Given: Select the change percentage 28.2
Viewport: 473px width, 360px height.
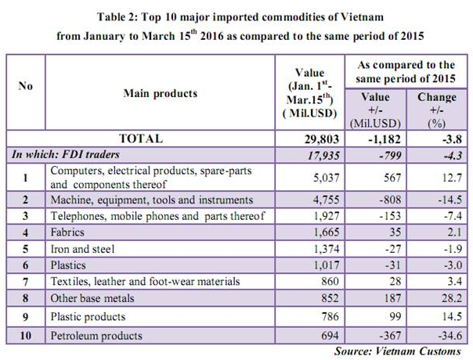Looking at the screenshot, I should point(442,299).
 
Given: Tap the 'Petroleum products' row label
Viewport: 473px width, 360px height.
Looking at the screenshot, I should point(96,336).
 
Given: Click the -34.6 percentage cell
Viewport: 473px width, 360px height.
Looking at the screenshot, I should point(440,336).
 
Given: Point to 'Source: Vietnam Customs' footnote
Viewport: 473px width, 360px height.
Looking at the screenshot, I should point(397,351).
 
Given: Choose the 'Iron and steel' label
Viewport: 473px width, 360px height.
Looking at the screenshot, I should point(82,248).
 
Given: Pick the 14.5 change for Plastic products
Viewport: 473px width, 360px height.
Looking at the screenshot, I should point(442,317).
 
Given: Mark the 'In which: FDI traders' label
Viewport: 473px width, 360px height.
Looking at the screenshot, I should point(63,154).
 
